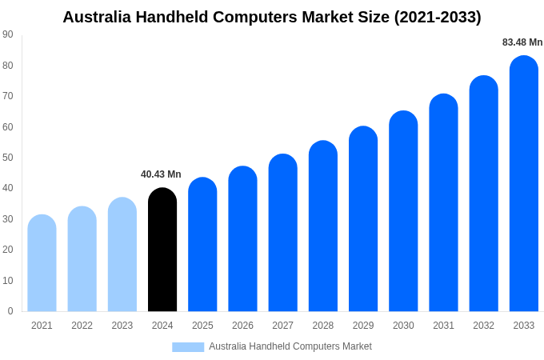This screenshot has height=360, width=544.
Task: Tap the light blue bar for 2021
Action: pyautogui.click(x=42, y=263)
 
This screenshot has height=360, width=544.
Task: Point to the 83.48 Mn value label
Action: pyautogui.click(x=522, y=42)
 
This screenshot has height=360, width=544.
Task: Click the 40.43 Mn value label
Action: pyautogui.click(x=161, y=174)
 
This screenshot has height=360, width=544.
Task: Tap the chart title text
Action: pyautogui.click(x=272, y=17)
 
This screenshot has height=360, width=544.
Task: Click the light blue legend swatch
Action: pyautogui.click(x=188, y=346)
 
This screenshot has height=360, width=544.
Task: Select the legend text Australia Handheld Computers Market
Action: pyautogui.click(x=290, y=346)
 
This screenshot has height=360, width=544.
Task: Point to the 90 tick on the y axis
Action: pyautogui.click(x=7, y=34)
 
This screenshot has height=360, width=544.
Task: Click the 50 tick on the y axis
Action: pyautogui.click(x=7, y=158)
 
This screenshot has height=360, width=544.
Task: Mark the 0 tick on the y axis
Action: pyautogui.click(x=10, y=311)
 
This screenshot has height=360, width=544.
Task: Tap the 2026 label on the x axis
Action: pyautogui.click(x=242, y=326)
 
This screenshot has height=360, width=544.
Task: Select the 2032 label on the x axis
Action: pyautogui.click(x=483, y=326)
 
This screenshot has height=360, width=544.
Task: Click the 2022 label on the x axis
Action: pyautogui.click(x=82, y=326)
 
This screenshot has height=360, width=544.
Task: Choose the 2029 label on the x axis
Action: pyautogui.click(x=363, y=326)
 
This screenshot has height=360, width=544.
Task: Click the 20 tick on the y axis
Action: pyautogui.click(x=7, y=250)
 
